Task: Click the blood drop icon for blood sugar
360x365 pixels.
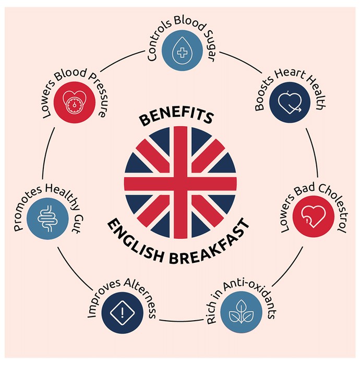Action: click(x=182, y=51)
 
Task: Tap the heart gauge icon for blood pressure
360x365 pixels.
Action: click(x=74, y=102)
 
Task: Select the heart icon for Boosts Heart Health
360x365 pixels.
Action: click(x=290, y=102)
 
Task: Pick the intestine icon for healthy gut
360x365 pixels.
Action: click(x=47, y=218)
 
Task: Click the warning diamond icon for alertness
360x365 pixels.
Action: click(x=123, y=312)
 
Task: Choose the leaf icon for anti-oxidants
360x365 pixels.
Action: click(x=241, y=312)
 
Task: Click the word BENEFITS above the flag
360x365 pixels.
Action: click(x=176, y=117)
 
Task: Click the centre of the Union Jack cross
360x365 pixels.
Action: click(x=180, y=182)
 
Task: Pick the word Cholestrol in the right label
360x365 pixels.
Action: click(x=333, y=206)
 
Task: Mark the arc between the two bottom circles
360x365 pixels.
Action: click(x=181, y=321)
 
